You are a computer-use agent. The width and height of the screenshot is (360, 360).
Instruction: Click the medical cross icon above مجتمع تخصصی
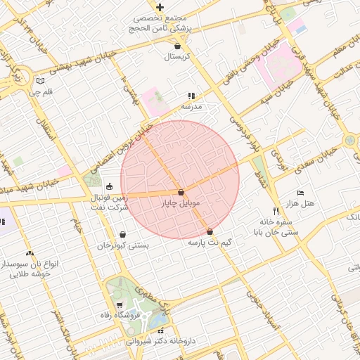(160, 6)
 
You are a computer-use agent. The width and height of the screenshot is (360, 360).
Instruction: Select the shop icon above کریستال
(176, 45)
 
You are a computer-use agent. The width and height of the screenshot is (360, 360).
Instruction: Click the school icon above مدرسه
(190, 96)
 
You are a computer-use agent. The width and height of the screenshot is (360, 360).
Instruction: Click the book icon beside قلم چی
(40, 80)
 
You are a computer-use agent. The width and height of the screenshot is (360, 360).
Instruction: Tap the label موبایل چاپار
(181, 203)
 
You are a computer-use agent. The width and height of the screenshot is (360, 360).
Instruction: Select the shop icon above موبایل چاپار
(181, 192)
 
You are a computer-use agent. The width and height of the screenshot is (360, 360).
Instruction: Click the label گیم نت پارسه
(210, 243)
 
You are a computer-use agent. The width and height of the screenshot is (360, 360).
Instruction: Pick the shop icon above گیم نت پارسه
(210, 231)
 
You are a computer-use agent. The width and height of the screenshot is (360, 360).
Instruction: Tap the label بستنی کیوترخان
(123, 245)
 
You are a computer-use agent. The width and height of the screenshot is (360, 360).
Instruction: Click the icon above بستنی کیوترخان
(123, 235)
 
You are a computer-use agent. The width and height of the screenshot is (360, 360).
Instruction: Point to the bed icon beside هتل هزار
(301, 192)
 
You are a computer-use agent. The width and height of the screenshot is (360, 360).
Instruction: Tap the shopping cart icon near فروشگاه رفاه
(120, 304)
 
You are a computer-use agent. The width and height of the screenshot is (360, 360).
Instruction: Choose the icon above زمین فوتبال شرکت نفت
(108, 187)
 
